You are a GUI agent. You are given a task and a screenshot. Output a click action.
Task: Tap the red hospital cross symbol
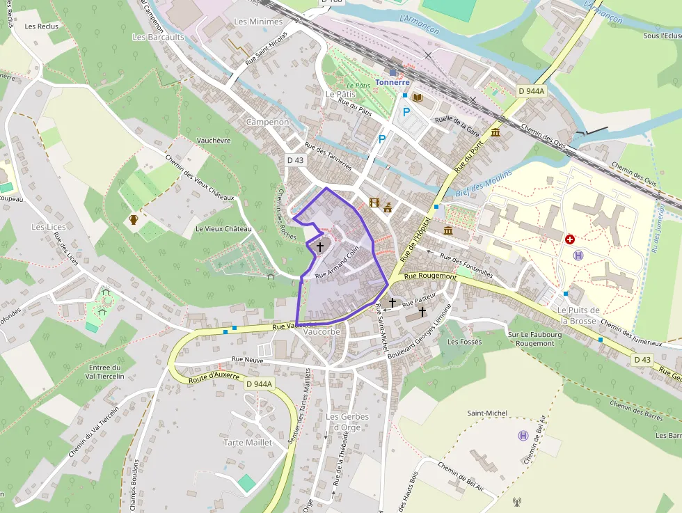click(571, 239)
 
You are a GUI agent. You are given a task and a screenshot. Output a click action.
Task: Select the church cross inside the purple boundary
click(320, 246)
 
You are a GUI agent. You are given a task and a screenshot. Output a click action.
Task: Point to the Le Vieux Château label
click(223, 229)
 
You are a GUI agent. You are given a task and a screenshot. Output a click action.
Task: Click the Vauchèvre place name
click(214, 140)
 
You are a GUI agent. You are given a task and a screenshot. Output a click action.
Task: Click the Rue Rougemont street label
click(431, 276)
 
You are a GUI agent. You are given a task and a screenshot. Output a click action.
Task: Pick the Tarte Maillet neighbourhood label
click(248, 443)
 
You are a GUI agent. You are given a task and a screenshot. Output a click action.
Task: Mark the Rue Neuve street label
click(248, 360)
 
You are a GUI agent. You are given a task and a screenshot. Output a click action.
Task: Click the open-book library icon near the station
click(418, 97)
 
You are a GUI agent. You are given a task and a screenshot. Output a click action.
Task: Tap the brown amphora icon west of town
click(133, 220)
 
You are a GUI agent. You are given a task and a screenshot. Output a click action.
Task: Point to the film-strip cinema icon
click(375, 203)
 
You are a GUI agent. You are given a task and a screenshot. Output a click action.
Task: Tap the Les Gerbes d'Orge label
click(347, 422)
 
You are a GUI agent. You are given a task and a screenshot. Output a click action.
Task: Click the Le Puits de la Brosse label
click(578, 315)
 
